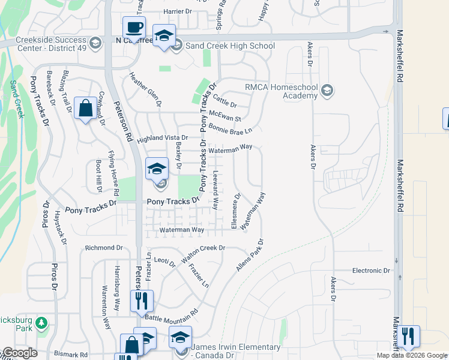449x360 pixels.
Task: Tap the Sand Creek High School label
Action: [x=230, y=46]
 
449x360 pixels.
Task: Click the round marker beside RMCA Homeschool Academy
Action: [x=327, y=91]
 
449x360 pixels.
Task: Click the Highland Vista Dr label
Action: [x=162, y=138]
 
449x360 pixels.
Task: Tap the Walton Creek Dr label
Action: [x=203, y=247]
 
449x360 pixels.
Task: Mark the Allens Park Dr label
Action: [x=250, y=254]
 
